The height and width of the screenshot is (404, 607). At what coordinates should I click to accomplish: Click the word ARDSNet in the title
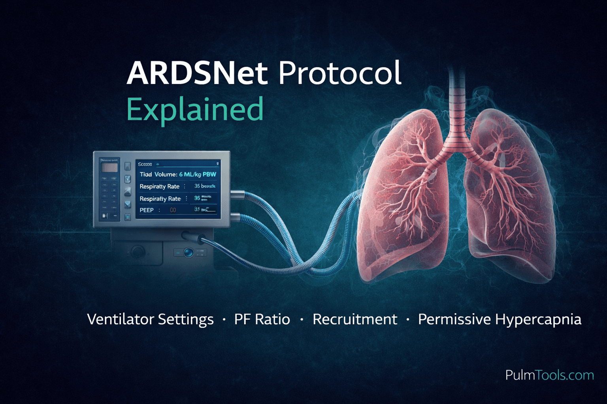197,73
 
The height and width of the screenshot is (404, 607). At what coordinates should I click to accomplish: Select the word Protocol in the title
340,73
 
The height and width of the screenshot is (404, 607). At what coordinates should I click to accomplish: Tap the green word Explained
195,109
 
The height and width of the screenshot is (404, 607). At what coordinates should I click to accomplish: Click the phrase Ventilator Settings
150,319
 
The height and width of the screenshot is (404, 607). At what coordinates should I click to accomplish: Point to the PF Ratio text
262,319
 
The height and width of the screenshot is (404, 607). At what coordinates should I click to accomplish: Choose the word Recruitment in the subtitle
354,319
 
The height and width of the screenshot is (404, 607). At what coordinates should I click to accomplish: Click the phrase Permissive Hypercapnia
500,319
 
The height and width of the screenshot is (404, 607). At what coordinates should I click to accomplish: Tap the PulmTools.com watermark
549,375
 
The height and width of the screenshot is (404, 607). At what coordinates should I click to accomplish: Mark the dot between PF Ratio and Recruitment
302,320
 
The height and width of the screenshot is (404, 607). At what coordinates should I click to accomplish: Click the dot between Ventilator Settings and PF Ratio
224,320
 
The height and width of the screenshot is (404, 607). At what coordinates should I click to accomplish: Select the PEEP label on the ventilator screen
147,210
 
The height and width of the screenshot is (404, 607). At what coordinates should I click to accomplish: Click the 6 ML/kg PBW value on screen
198,174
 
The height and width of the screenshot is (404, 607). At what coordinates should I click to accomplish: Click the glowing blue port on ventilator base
189,252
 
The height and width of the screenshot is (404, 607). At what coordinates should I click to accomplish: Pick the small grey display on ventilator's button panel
109,168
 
